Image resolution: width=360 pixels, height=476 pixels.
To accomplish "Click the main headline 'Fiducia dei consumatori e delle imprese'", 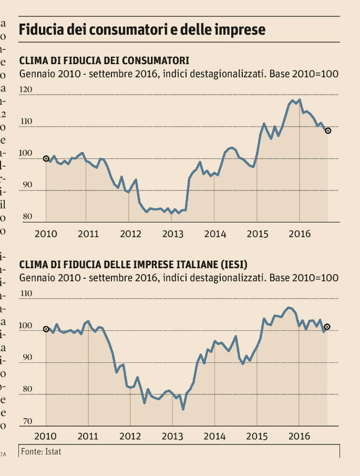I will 142,29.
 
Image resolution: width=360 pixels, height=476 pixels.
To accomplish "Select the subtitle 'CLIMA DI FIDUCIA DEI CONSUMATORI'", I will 104,59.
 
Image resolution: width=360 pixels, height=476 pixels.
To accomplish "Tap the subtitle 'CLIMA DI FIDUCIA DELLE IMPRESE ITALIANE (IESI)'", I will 133,264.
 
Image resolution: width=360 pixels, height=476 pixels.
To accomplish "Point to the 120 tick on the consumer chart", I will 26,90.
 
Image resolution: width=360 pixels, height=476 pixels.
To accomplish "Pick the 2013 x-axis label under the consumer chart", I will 173,234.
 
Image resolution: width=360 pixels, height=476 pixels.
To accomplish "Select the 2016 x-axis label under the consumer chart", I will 300,234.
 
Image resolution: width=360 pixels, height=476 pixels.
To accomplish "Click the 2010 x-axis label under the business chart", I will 46,437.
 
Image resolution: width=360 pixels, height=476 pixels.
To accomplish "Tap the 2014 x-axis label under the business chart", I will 215,437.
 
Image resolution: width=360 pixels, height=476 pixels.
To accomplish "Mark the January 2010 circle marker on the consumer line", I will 46,158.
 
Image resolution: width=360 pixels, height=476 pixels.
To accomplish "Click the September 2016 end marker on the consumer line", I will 328,130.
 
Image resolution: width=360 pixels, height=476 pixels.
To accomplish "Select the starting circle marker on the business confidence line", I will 46,329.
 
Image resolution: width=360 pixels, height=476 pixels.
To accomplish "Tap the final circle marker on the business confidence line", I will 327,327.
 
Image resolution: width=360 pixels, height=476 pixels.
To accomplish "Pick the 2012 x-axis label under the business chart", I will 130,437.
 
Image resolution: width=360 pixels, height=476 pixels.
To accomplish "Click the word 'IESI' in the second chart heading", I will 234,264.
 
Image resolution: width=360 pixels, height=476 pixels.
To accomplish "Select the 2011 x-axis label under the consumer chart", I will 88,234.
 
